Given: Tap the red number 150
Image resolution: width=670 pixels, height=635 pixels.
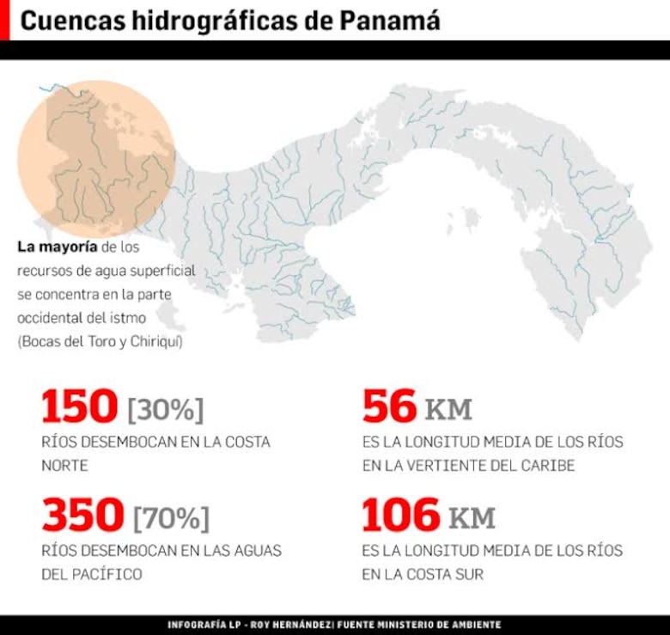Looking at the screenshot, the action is pyautogui.click(x=79, y=406).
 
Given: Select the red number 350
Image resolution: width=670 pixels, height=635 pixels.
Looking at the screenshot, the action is pyautogui.click(x=82, y=516).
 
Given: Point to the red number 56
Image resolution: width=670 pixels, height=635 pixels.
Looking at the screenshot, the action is pyautogui.click(x=388, y=406).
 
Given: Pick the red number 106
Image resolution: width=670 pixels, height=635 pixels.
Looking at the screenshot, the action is pyautogui.click(x=399, y=516).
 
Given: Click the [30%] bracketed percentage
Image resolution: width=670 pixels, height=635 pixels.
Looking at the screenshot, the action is pyautogui.click(x=166, y=410).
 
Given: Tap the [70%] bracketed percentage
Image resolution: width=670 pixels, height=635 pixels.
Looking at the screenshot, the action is pyautogui.click(x=171, y=518).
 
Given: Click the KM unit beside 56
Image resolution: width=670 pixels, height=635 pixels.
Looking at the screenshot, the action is pyautogui.click(x=448, y=410).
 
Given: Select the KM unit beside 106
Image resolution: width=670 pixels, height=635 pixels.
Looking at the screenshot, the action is pyautogui.click(x=472, y=518).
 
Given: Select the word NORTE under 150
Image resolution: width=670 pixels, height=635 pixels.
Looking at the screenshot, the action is pyautogui.click(x=65, y=466).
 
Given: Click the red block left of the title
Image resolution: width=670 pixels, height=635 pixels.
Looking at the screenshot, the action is pyautogui.click(x=4, y=20).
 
